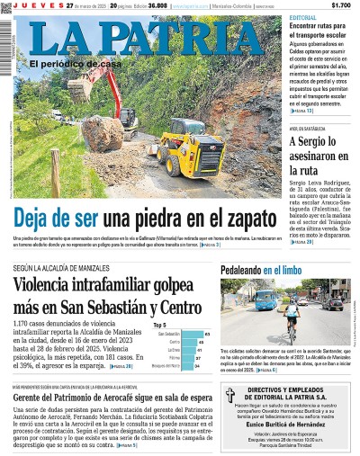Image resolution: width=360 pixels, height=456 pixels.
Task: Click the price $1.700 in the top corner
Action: pyautogui.click(x=341, y=5)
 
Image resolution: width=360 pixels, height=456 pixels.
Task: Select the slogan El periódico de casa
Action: pyautogui.click(x=73, y=64)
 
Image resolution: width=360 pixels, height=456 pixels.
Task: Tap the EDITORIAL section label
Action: pyautogui.click(x=302, y=18)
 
